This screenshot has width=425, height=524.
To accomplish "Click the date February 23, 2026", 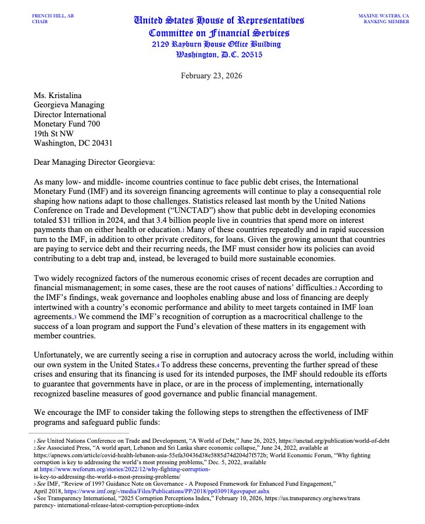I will tap(212, 75).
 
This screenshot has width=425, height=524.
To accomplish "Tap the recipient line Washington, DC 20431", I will tap(73, 143).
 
